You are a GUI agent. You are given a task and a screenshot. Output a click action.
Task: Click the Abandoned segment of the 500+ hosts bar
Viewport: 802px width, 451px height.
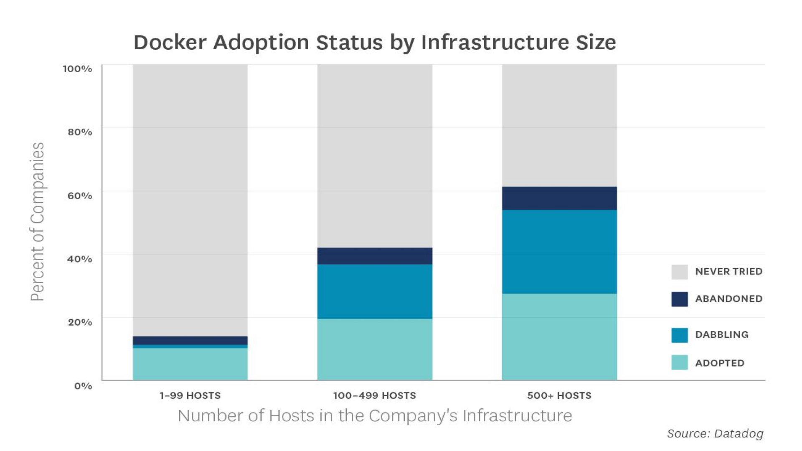559,198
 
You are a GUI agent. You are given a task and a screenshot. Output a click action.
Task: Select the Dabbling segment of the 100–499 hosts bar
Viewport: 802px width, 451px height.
375,291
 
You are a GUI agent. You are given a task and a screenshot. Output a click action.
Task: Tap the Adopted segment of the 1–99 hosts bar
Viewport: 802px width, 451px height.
190,364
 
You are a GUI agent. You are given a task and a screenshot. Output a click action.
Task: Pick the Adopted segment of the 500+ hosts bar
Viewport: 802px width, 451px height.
559,337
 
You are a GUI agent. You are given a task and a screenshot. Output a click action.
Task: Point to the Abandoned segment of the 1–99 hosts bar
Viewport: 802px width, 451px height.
190,340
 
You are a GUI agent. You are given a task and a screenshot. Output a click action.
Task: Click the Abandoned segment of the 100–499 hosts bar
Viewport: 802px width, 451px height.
375,256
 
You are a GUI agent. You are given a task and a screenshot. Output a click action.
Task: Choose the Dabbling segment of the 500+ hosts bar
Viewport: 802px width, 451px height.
559,251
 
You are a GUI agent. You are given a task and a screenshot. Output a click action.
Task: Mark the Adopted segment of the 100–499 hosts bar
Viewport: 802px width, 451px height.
375,349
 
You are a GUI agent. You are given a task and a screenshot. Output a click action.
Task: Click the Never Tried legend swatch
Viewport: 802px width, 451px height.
679,272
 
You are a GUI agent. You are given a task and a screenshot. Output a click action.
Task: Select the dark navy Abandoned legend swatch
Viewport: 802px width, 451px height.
679,299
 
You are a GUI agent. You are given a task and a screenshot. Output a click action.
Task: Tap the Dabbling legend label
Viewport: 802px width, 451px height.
721,334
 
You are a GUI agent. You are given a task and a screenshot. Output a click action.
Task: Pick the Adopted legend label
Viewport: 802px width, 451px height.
719,363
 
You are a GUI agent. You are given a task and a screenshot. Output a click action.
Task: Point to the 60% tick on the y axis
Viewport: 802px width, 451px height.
80,195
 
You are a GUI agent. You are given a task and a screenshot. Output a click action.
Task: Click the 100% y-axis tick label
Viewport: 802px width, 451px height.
77,69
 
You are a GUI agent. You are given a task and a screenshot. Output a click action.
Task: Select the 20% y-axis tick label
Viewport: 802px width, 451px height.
80,322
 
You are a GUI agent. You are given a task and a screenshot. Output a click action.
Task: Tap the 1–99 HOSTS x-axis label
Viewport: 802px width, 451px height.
190,395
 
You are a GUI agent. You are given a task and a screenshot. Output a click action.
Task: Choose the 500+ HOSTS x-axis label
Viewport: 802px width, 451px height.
559,395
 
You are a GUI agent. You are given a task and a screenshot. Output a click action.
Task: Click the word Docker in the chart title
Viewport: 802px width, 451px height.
170,43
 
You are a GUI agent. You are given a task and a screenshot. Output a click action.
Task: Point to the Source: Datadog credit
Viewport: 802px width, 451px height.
715,433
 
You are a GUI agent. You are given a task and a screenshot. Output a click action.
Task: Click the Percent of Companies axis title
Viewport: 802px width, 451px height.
38,221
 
